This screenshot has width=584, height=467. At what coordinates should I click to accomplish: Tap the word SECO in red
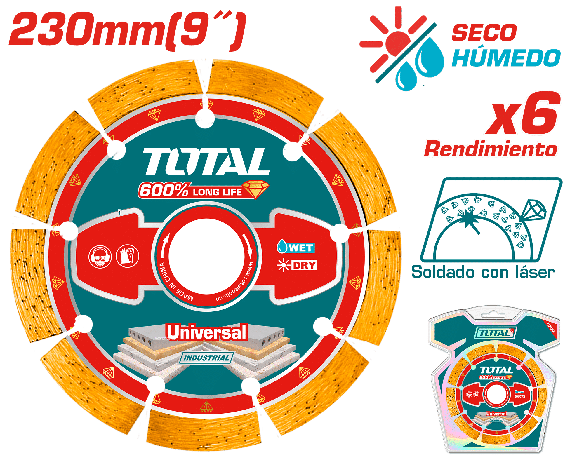tap(484, 32)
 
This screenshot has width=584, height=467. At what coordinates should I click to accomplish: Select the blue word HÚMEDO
tap(506, 57)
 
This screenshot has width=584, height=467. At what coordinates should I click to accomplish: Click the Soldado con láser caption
tap(483, 272)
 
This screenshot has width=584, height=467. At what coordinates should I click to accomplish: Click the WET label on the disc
tap(296, 248)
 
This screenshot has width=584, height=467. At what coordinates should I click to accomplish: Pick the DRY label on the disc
tap(297, 265)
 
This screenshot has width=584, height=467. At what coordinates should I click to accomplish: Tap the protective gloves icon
tap(128, 256)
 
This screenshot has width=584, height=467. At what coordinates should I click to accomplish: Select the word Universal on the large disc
tap(207, 332)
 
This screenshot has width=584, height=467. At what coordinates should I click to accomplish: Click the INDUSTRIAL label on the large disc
tap(206, 358)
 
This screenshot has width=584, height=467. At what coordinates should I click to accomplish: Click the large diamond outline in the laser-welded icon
tap(533, 210)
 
